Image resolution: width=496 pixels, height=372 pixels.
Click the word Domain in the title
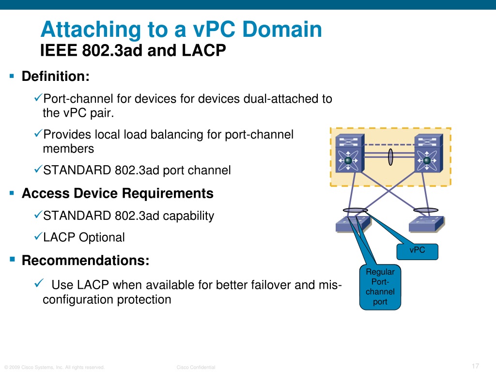pyautogui.click(x=282, y=29)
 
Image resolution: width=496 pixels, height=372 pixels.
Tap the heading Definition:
pyautogui.click(x=56, y=76)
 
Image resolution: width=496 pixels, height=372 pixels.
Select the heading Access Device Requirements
pyautogui.click(x=118, y=193)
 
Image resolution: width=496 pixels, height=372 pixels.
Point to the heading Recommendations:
pyautogui.click(x=85, y=260)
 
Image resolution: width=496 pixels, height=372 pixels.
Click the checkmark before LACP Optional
pyautogui.click(x=38, y=236)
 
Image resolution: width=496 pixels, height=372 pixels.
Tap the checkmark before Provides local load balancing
pyautogui.click(x=38, y=133)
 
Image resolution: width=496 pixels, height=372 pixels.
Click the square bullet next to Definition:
pyautogui.click(x=12, y=76)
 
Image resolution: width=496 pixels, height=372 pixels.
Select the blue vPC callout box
pyautogui.click(x=417, y=252)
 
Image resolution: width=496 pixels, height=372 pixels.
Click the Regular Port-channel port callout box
pyautogui.click(x=380, y=287)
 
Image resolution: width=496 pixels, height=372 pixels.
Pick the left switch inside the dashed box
pyautogui.click(x=350, y=153)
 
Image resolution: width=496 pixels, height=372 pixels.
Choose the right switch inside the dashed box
pyautogui.click(x=429, y=153)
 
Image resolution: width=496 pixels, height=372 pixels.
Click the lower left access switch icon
pyautogui.click(x=353, y=224)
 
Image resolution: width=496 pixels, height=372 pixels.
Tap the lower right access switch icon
pyautogui.click(x=427, y=224)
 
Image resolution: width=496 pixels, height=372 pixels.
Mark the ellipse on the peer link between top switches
pyautogui.click(x=390, y=157)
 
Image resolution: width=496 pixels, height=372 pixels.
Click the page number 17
pyautogui.click(x=475, y=366)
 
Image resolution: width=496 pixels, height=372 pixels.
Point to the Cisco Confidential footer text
pyautogui.click(x=196, y=367)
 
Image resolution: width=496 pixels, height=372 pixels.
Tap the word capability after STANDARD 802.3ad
pyautogui.click(x=188, y=216)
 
